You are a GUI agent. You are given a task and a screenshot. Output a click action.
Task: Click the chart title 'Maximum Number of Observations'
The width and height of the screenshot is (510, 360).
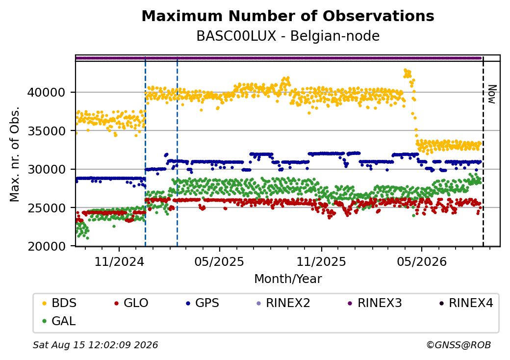click(288, 16)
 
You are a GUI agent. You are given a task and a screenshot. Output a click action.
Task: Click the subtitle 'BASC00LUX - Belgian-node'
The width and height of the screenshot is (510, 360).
click(288, 36)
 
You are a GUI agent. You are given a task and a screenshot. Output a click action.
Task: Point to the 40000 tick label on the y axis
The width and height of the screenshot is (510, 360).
click(46, 92)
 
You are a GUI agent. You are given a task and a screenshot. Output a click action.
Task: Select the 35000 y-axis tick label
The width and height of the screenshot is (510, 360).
click(46, 131)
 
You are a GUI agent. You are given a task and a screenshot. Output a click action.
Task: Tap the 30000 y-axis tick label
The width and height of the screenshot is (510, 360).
click(46, 169)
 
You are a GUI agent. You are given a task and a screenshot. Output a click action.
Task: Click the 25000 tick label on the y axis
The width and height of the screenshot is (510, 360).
click(46, 207)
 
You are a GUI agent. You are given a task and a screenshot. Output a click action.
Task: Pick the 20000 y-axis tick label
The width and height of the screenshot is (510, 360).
click(46, 246)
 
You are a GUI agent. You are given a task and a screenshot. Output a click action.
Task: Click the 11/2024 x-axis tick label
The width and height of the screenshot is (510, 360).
click(119, 261)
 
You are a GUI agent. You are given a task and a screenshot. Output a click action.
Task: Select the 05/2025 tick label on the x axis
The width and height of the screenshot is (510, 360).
click(219, 261)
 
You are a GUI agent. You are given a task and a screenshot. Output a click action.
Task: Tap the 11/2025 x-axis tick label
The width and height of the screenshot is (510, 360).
click(321, 261)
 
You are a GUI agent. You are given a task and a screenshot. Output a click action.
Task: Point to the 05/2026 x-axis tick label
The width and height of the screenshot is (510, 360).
click(422, 261)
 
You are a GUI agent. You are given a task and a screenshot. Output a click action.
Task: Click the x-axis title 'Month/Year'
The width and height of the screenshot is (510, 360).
click(288, 279)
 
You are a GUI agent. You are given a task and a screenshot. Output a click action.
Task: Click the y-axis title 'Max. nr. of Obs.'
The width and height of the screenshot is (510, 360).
click(15, 154)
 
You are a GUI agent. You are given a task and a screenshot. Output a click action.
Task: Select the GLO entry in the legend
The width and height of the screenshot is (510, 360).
click(131, 303)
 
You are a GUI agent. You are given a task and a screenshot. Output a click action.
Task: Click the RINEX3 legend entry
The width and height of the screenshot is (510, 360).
click(375, 303)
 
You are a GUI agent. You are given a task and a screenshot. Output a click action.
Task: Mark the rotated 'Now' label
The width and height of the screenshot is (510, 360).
click(492, 94)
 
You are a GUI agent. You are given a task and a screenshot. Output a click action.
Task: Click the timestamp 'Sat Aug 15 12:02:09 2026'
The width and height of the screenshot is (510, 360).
click(95, 345)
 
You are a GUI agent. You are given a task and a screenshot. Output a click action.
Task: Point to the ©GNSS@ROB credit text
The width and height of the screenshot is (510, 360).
click(459, 345)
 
